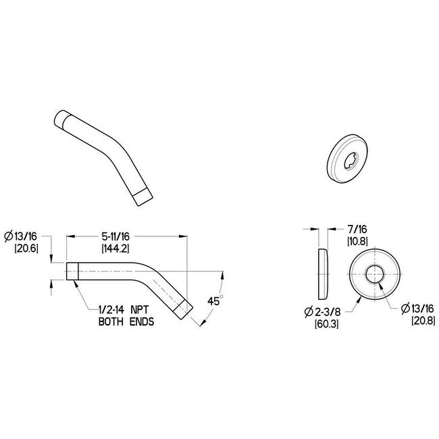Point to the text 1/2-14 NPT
pyautogui.click(x=123, y=311)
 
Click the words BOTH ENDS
pyautogui.click(x=122, y=322)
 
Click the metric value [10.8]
pyautogui.click(x=357, y=241)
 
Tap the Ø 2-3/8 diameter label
pyautogui.click(x=324, y=311)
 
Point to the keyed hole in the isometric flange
pyautogui.click(x=352, y=161)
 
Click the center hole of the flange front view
pyautogui.click(x=373, y=276)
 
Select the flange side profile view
pyautogui.click(x=322, y=275)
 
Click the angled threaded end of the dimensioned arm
pyautogui.click(x=184, y=310)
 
